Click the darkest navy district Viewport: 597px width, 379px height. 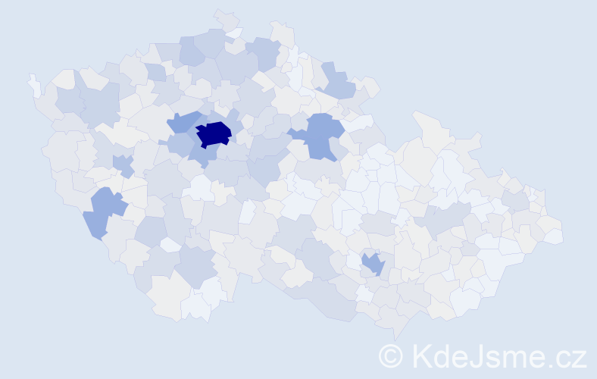(214, 133)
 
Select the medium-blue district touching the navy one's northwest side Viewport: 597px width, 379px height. (182, 121)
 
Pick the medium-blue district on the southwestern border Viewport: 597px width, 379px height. (103, 211)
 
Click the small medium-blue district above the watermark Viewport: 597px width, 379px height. (373, 264)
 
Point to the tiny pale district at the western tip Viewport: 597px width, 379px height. (34, 85)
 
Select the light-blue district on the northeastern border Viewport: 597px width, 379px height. (336, 81)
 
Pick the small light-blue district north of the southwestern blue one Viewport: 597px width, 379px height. (121, 163)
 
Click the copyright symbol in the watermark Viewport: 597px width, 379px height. (391, 356)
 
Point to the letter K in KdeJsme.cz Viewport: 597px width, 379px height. (421, 356)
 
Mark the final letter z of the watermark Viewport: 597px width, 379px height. (579, 358)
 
